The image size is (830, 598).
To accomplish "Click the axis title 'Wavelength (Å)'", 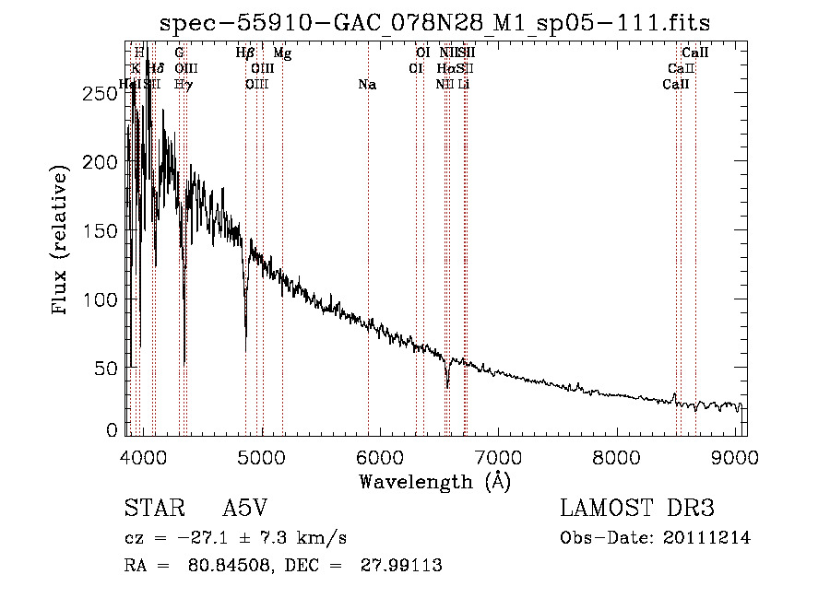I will point(434,481).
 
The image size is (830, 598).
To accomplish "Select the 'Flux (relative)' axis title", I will point(62,241).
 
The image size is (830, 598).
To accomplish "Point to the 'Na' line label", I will point(367,85).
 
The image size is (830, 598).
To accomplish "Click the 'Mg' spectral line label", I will point(282,53).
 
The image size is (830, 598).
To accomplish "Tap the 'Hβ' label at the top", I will point(245,53).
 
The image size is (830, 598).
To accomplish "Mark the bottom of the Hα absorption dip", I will point(447,387).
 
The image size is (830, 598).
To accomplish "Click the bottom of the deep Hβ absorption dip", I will point(245,350).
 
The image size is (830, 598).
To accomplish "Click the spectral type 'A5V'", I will point(244,509).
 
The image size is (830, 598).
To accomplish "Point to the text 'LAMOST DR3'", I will point(637,509).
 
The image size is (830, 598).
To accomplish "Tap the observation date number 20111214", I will point(707,537).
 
